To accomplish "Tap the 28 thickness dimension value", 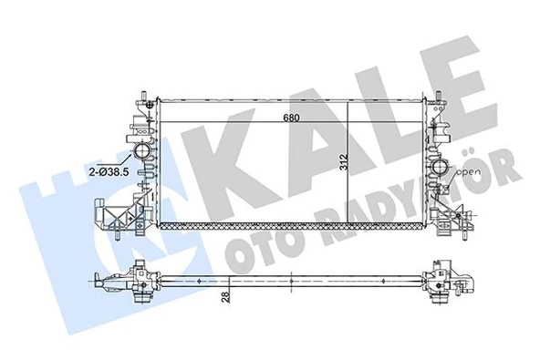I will coord(225,293).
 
